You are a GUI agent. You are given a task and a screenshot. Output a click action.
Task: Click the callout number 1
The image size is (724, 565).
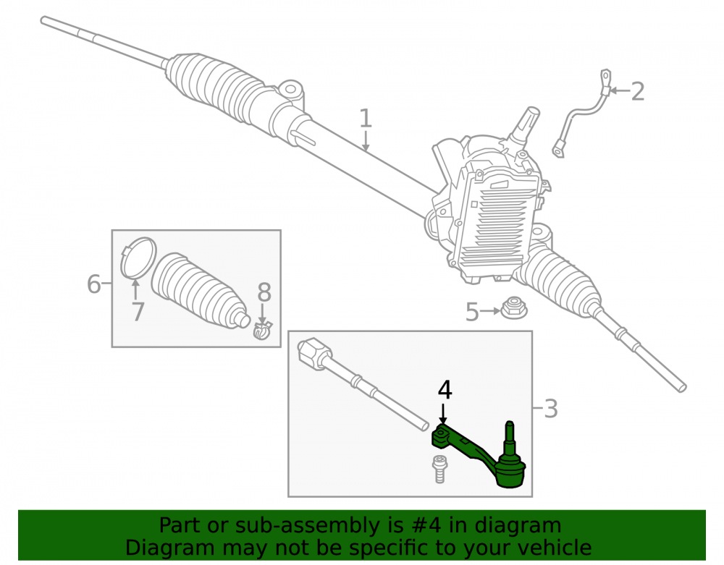pyautogui.click(x=365, y=119)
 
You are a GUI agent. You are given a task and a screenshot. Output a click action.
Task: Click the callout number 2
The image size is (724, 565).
pyautogui.click(x=637, y=91)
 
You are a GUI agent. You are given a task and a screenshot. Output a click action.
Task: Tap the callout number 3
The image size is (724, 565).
pyautogui.click(x=551, y=409)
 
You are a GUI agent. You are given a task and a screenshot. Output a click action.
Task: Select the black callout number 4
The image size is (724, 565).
pyautogui.click(x=445, y=390)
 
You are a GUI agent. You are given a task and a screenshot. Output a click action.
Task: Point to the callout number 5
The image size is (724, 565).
pyautogui.click(x=472, y=313)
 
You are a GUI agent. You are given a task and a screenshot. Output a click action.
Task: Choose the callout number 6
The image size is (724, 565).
pyautogui.click(x=93, y=284)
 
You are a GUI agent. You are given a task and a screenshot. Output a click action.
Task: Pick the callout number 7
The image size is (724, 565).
pyautogui.click(x=138, y=312)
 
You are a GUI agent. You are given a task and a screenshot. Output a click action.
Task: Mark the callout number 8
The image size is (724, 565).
pyautogui.click(x=264, y=292)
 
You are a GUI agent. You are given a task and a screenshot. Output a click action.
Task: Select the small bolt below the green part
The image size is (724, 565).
pyautogui.click(x=439, y=469)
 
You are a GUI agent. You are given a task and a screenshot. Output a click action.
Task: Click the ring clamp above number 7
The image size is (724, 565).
pyautogui.click(x=138, y=258)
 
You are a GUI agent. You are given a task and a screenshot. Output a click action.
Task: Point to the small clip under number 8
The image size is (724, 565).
pyautogui.click(x=263, y=330)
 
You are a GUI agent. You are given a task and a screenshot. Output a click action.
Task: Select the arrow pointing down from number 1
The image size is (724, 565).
pyautogui.click(x=365, y=141)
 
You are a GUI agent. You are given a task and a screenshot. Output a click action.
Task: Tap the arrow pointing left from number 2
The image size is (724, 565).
pyautogui.click(x=619, y=91)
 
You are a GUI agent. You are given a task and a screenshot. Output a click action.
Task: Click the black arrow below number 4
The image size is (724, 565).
pyautogui.click(x=443, y=414)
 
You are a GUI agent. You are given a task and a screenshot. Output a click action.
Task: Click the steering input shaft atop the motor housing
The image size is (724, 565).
pyautogui.click(x=525, y=125)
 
